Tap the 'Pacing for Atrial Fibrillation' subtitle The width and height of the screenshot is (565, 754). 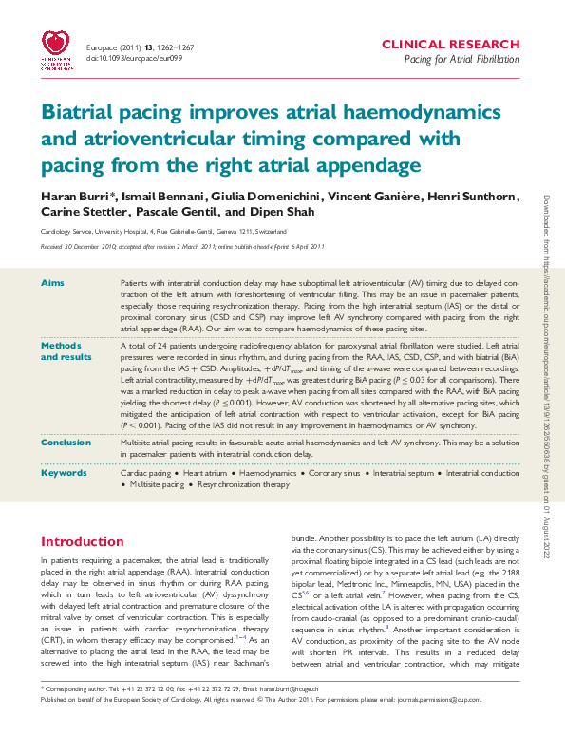click(x=462, y=60)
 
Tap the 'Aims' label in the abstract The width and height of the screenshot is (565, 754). click(x=52, y=284)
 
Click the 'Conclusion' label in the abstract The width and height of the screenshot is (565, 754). click(x=66, y=443)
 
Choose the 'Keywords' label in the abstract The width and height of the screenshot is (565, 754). click(x=63, y=472)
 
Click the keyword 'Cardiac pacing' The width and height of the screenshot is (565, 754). click(x=148, y=472)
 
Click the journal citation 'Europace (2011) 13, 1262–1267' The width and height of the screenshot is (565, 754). click(x=142, y=45)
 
